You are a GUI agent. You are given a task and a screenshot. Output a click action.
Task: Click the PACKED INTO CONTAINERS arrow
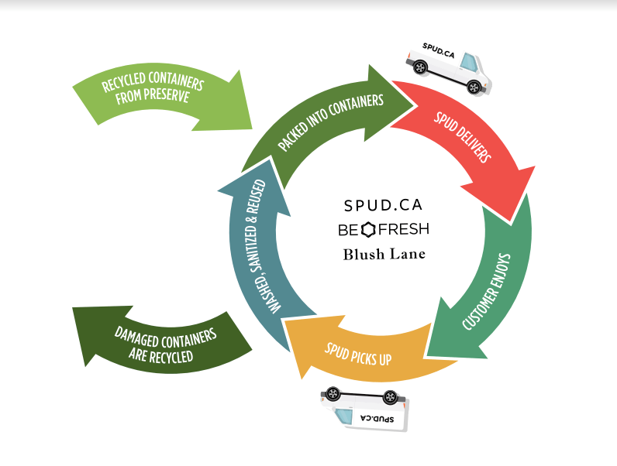point(326,116)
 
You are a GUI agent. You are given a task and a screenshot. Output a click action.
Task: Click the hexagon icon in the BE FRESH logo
point(368,230)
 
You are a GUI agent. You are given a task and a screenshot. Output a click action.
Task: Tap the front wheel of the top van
point(420,67)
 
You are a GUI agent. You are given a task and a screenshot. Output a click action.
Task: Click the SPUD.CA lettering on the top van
point(440,50)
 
